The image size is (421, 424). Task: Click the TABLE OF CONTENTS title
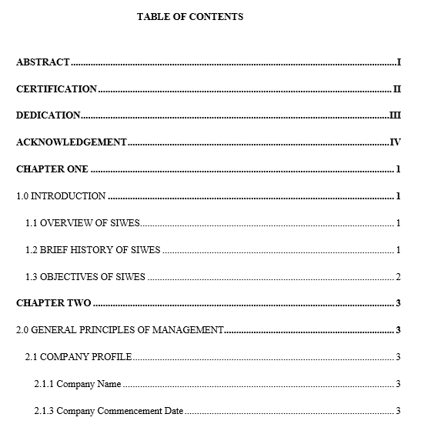click(x=190, y=16)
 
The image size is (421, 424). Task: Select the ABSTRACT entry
click(x=43, y=62)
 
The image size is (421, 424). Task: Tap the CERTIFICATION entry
click(x=57, y=89)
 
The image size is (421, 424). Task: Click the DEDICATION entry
click(x=48, y=115)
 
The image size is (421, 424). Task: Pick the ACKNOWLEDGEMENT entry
click(x=72, y=142)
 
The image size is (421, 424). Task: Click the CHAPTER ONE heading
click(x=52, y=169)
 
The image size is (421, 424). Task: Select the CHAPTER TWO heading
click(x=54, y=303)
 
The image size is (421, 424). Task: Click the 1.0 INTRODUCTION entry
click(x=61, y=196)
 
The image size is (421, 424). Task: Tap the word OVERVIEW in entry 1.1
click(x=68, y=223)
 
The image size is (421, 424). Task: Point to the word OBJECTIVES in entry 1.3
click(x=72, y=277)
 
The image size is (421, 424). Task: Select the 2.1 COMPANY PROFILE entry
click(x=79, y=357)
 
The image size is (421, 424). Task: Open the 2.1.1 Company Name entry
click(x=77, y=384)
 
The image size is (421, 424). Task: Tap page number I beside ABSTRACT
click(x=399, y=62)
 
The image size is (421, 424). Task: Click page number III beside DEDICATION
click(x=396, y=115)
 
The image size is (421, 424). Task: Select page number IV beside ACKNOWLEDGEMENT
click(x=396, y=142)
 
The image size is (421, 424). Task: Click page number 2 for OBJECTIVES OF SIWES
click(x=398, y=277)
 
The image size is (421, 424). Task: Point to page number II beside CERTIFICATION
click(x=397, y=89)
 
